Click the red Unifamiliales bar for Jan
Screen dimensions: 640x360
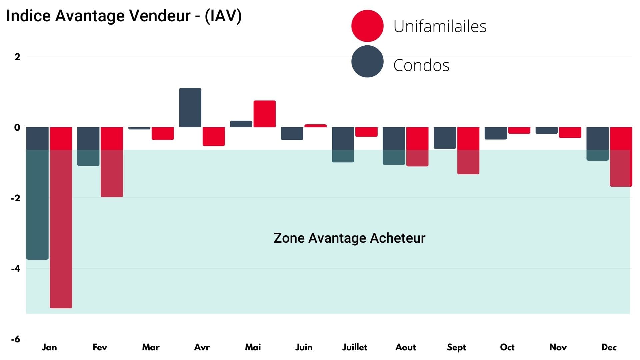click(x=61, y=217)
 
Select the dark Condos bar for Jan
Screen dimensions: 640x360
click(x=37, y=193)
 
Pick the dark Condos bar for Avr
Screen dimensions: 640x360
click(x=190, y=108)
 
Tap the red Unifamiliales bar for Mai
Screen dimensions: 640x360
click(x=264, y=114)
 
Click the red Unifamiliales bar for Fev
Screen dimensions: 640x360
click(x=112, y=162)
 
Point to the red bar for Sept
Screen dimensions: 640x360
click(x=468, y=151)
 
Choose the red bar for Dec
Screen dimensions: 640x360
click(x=621, y=157)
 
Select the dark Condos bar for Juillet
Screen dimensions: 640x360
click(x=343, y=145)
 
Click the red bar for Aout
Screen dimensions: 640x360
click(x=417, y=147)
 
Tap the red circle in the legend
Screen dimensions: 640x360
click(x=367, y=26)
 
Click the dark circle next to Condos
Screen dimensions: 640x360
click(x=367, y=61)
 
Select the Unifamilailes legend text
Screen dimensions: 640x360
click(x=440, y=26)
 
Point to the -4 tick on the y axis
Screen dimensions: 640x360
click(x=15, y=269)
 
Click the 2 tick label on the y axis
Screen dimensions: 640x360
click(x=17, y=57)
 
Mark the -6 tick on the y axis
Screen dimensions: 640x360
click(x=15, y=339)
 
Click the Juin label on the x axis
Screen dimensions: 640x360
click(x=304, y=347)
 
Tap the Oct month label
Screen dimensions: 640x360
click(x=507, y=347)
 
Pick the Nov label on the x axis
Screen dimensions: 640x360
click(x=558, y=347)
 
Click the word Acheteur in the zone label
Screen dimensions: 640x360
click(x=397, y=238)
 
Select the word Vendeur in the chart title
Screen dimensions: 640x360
click(x=159, y=16)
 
